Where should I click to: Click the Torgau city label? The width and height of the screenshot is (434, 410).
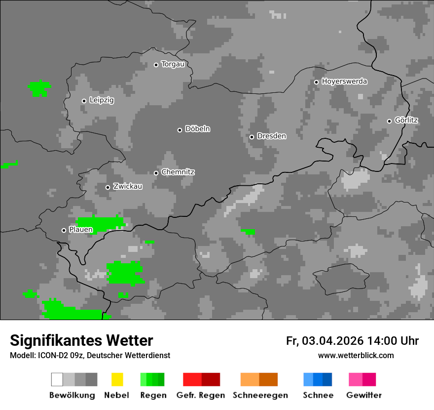(x=173, y=64)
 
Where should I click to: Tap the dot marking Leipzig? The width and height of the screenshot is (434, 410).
(x=84, y=101)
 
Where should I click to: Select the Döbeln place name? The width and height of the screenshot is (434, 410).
(x=197, y=129)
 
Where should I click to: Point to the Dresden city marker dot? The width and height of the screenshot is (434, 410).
(x=252, y=137)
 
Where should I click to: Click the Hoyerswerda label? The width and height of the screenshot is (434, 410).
(x=344, y=82)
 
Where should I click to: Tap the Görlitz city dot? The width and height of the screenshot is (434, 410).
(x=389, y=121)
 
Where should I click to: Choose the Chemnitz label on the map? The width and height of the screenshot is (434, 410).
(x=178, y=172)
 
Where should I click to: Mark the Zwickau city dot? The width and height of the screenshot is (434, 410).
(x=108, y=187)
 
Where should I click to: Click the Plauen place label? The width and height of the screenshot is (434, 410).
(x=81, y=230)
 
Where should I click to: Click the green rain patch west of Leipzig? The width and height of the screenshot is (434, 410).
(x=38, y=88)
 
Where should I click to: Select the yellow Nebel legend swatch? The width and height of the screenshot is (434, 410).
(x=117, y=379)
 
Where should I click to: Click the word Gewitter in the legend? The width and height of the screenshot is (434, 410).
(x=364, y=395)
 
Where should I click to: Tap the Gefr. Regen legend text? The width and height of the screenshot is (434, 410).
(x=200, y=395)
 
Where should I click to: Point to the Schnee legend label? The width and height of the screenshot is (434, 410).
(x=318, y=395)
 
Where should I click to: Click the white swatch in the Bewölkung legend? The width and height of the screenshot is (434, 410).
(x=57, y=379)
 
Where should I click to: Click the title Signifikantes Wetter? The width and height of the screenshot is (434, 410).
(x=81, y=340)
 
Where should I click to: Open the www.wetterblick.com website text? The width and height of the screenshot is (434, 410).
(x=356, y=355)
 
